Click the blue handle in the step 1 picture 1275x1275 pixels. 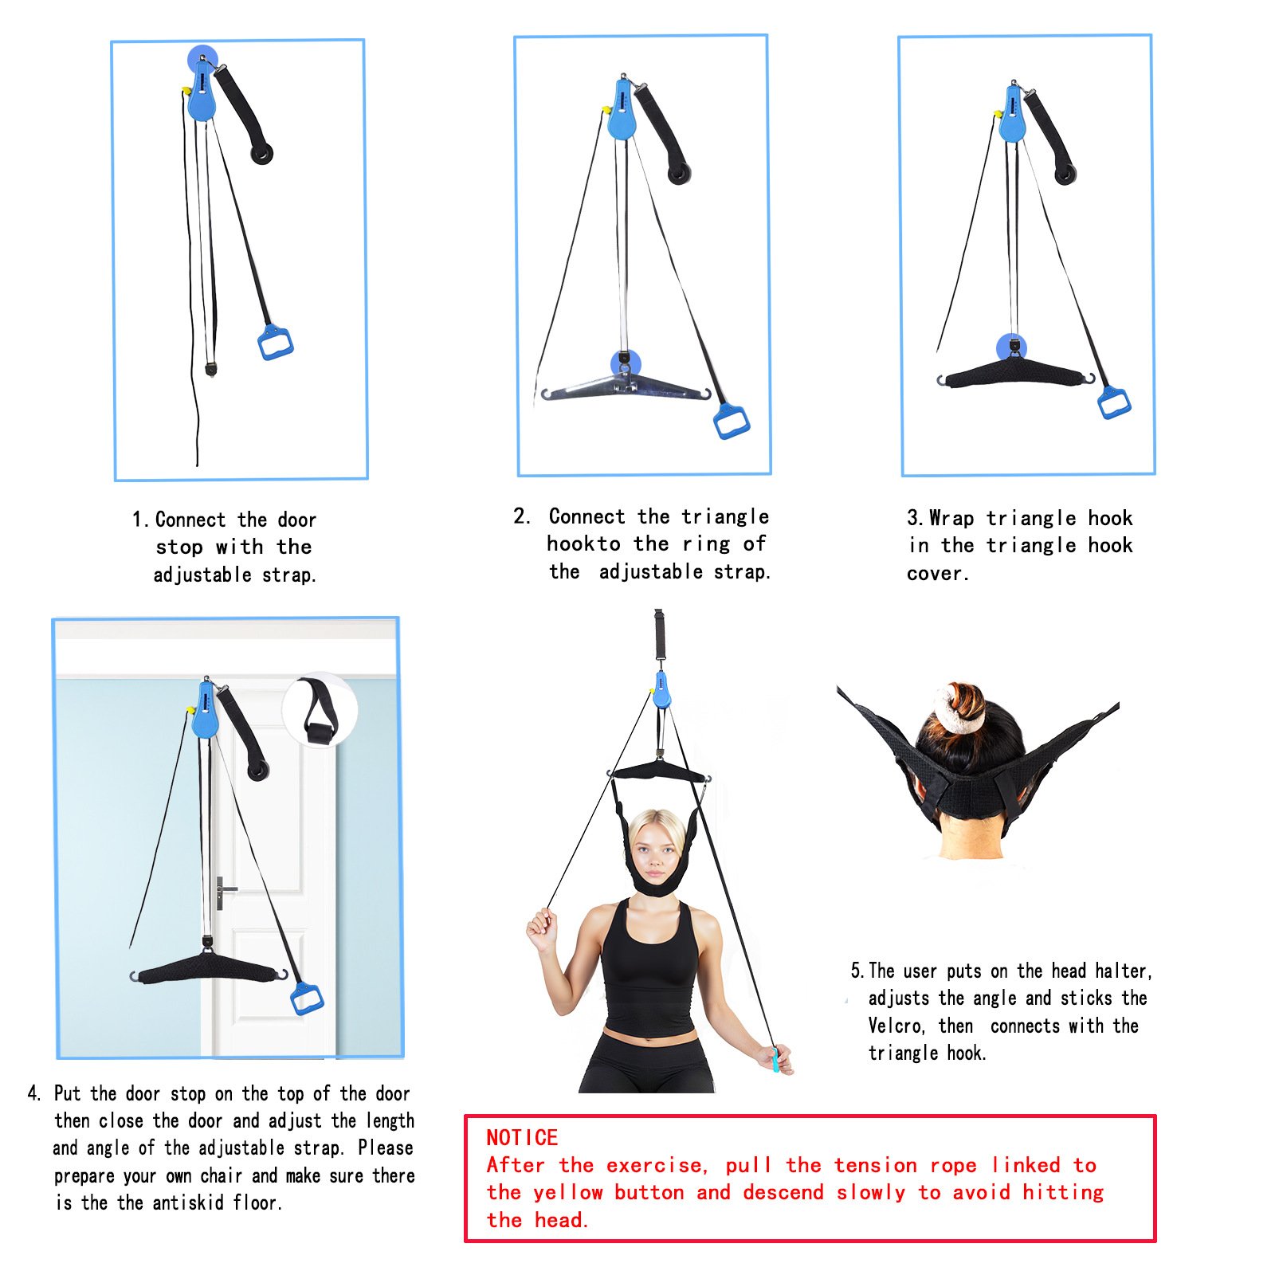276,343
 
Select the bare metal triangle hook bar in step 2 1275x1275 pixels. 625,389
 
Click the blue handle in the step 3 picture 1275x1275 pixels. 1114,402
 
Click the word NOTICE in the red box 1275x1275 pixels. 522,1137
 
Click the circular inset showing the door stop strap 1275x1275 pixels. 320,709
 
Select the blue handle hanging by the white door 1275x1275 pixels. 307,998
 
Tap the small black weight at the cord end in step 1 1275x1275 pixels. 211,370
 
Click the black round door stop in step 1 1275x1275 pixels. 261,153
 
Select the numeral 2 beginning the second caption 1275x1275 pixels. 520,516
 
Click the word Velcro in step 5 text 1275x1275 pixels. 897,1026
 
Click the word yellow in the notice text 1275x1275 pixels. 568,1193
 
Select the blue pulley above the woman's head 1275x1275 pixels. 661,690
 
